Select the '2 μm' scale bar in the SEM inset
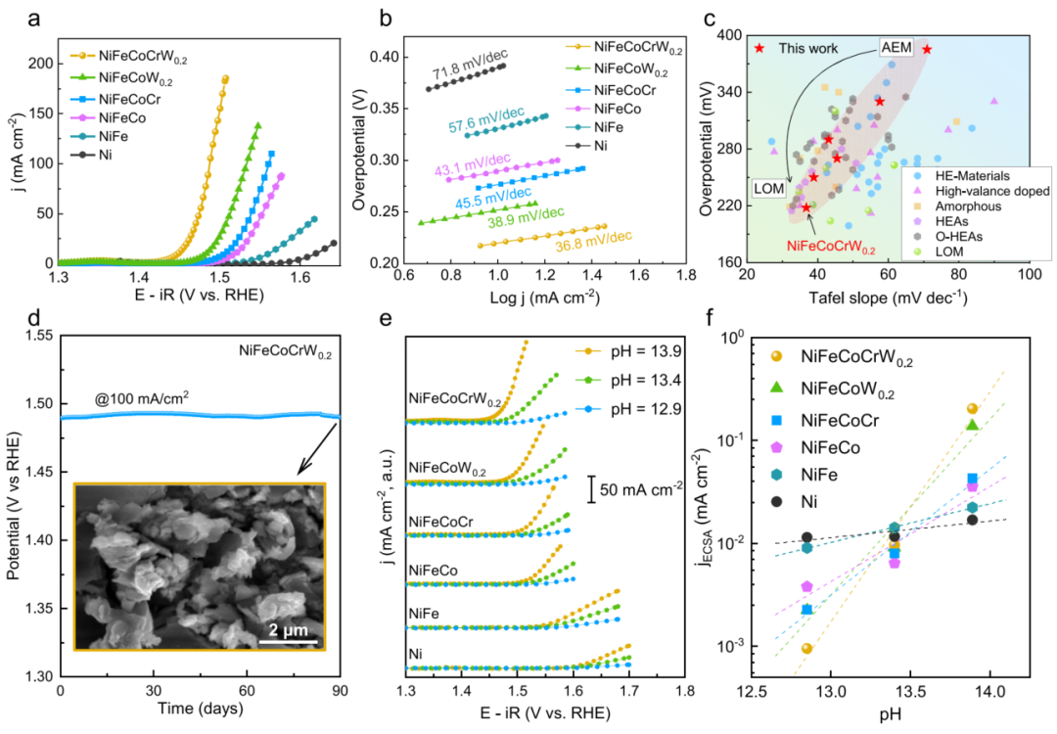(x=290, y=625)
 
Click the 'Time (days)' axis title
(x=200, y=712)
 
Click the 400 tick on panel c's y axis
(x=728, y=35)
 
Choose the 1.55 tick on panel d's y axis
(x=36, y=336)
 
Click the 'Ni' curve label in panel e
(x=415, y=651)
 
